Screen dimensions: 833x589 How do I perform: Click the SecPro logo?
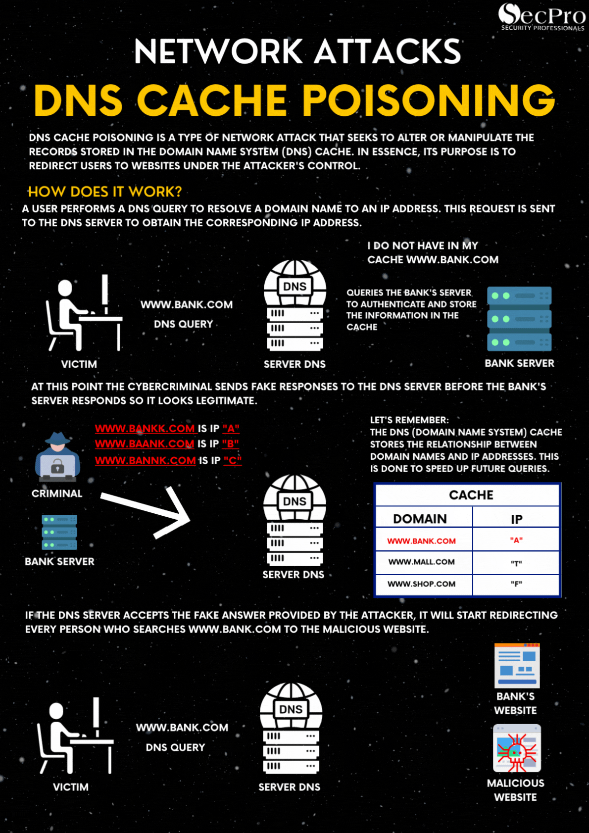541,17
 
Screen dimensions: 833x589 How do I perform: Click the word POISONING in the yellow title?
428,100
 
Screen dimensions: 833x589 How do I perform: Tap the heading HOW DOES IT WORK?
105,192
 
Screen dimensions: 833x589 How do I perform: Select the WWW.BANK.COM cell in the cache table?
421,541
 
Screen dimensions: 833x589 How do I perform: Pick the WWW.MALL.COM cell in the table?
421,562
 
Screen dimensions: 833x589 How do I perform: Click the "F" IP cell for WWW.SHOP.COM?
516,584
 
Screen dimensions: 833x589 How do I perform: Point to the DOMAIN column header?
420,519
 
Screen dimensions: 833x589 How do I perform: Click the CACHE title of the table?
471,495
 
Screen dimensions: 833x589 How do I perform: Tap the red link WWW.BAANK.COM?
144,444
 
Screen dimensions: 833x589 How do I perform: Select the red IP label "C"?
232,460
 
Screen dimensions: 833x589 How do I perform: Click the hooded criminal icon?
57,457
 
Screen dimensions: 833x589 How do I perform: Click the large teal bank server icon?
519,319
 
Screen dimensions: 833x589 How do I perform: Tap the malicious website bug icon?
517,748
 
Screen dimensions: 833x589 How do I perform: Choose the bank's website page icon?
517,666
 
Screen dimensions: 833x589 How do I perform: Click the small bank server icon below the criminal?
59,532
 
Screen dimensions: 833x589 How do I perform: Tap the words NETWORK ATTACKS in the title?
297,51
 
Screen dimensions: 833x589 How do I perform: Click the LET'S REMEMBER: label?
409,420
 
